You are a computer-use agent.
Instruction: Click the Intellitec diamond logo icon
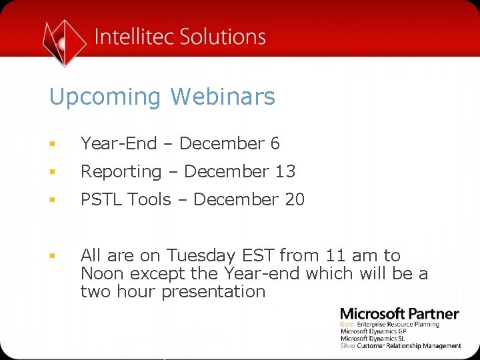point(64,41)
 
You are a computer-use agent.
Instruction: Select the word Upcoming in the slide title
point(105,97)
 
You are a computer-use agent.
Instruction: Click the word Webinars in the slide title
point(222,97)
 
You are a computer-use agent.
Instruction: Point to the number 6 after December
point(275,143)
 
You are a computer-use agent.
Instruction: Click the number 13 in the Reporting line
point(285,171)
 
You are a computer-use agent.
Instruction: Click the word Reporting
point(121,172)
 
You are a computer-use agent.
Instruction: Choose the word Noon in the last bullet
point(103,273)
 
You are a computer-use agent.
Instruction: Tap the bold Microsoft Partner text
point(399,313)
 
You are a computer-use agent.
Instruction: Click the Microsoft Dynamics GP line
point(373,331)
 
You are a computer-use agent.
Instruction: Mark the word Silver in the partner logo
point(348,346)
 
